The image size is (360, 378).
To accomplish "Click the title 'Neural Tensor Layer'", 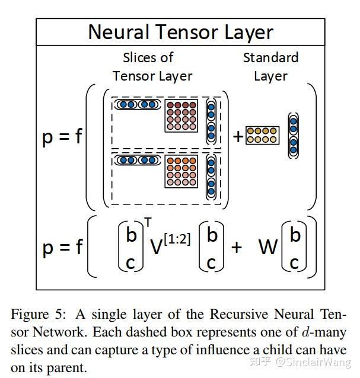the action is click(181, 33).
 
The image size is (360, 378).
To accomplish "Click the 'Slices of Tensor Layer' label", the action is click(152, 67).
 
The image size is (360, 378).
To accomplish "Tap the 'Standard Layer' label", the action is click(270, 67).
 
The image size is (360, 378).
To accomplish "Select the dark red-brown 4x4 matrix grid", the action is click(181, 116).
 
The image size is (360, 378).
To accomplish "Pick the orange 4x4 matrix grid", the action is click(181, 171).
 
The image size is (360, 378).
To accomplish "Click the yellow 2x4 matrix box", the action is click(263, 135).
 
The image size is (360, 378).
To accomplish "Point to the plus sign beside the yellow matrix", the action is click(238, 137).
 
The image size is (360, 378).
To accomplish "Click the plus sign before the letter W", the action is click(237, 247).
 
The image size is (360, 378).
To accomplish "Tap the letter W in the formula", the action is click(268, 247).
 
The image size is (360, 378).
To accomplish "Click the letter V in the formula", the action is click(156, 247).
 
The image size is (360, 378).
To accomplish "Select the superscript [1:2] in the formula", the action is click(177, 239).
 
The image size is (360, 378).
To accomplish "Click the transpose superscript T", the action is click(148, 222).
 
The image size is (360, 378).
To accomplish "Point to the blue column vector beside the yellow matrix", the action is click(294, 136).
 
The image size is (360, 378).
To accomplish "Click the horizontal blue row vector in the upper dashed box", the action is click(138, 105).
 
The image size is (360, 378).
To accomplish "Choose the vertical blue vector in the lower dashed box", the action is click(211, 177).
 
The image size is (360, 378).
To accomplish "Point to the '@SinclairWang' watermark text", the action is click(313, 362).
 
